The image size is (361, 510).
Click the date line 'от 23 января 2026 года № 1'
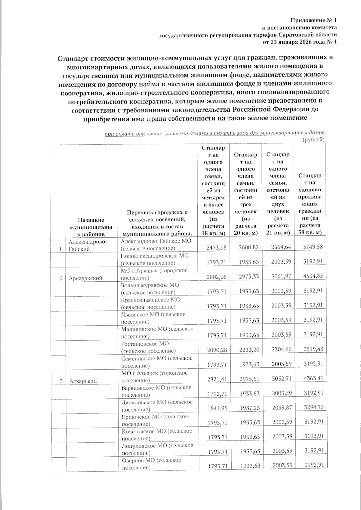[300, 42]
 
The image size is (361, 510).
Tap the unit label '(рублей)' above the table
[313, 139]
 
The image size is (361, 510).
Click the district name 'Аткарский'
[83, 381]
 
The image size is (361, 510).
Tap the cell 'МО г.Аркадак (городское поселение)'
[154, 274]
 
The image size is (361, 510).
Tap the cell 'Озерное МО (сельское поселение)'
[151, 464]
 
